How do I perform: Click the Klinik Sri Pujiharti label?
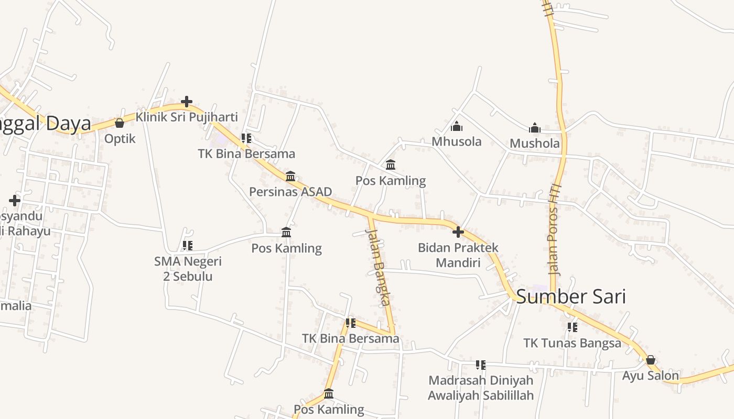pos(187,117)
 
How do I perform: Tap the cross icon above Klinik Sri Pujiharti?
pos(187,102)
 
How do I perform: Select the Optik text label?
pos(120,139)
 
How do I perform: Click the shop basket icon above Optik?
pos(120,123)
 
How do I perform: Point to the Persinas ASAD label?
pos(290,192)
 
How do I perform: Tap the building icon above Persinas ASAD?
pos(290,176)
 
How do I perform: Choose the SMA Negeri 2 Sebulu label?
pos(188,268)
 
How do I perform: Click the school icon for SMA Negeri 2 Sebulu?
pos(188,245)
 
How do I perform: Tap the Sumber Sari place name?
pos(571,296)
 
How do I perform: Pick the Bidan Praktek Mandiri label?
pos(458,255)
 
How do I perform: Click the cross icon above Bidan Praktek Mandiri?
pos(458,231)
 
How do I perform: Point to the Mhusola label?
pos(457,141)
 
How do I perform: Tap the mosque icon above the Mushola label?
pos(535,128)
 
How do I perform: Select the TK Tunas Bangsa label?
pos(572,343)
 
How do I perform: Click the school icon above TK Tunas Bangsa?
pos(572,327)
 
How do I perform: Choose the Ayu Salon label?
pos(650,376)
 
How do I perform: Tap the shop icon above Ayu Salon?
pos(650,360)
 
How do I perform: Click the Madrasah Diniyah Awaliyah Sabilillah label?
pos(481,388)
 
